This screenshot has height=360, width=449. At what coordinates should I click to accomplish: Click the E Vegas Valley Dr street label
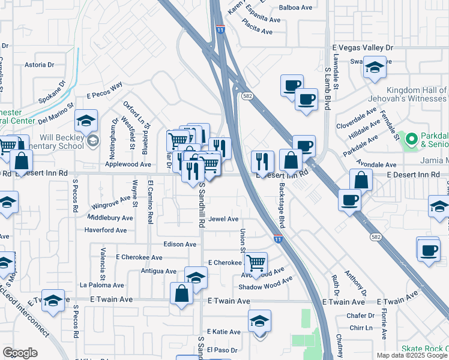point(362,47)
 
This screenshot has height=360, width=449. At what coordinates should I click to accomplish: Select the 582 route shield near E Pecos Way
point(247,96)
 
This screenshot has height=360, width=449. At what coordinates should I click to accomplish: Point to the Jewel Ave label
point(224,220)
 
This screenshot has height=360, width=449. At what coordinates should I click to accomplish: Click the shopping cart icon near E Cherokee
point(256,262)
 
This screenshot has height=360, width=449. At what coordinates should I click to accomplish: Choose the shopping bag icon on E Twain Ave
point(181,293)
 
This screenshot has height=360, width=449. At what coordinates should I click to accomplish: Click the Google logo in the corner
point(20,353)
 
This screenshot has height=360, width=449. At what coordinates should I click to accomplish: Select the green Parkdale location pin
point(411,140)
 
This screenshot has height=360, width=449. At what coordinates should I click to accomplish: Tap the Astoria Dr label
point(39,64)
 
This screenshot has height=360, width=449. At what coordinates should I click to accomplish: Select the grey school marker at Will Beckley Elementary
point(92,141)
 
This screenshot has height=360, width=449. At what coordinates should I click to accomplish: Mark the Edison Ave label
point(179,245)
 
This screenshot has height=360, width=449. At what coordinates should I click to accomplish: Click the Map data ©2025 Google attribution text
point(411,355)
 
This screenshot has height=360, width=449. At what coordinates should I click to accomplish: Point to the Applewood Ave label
point(128,164)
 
